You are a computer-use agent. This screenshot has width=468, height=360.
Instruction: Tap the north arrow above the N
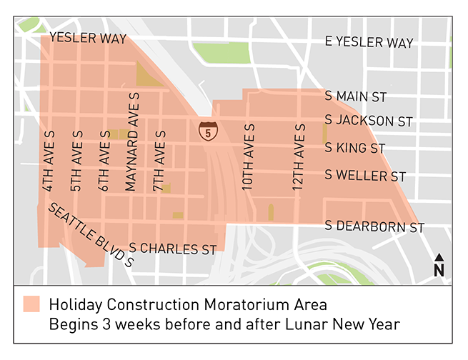[439, 257]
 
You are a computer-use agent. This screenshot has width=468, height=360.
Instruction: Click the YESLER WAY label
[89, 38]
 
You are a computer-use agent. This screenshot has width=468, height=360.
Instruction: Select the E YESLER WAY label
[369, 43]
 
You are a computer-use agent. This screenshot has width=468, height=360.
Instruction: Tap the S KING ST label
[355, 149]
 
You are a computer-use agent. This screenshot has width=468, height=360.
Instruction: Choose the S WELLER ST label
[365, 176]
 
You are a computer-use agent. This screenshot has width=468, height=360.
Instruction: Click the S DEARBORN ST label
[374, 227]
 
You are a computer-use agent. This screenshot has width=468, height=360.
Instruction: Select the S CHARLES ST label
[173, 249]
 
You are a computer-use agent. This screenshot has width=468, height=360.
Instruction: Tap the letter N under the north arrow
[439, 270]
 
